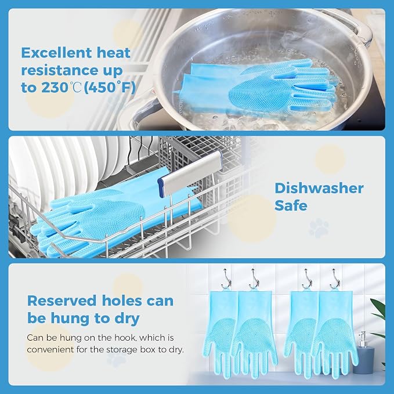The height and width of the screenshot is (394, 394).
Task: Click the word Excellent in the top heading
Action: pyautogui.click(x=56, y=53)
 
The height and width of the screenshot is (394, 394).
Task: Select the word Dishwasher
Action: pyautogui.click(x=319, y=189)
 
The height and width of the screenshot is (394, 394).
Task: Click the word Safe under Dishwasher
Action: pyautogui.click(x=291, y=205)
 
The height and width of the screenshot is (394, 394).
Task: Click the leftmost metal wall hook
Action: pyautogui.click(x=226, y=279)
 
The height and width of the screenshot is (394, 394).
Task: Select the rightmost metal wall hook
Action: pyautogui.click(x=335, y=279)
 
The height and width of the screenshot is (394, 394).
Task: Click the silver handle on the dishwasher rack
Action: pyautogui.click(x=190, y=171)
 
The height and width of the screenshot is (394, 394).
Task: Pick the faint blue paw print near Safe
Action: pyautogui.click(x=319, y=227)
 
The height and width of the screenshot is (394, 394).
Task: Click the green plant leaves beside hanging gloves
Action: pyautogui.click(x=379, y=321)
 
